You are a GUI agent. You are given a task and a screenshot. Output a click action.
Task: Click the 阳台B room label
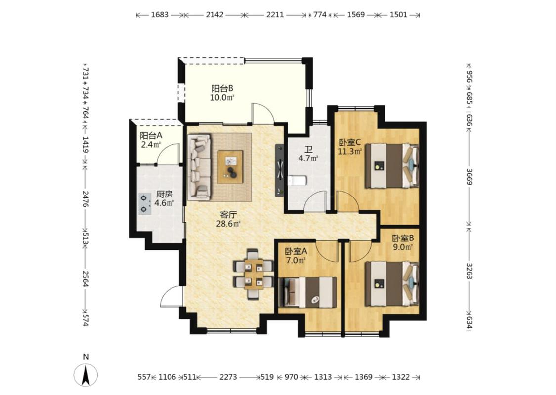tap(222, 88)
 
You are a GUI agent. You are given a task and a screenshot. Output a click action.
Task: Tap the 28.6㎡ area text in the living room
tap(228, 224)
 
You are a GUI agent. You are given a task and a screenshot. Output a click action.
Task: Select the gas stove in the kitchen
tap(144, 204)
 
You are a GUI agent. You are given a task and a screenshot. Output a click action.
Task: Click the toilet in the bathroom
tap(296, 181)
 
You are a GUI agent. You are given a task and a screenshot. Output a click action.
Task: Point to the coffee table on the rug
tap(230, 166)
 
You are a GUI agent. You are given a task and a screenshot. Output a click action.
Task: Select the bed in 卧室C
tap(392, 165)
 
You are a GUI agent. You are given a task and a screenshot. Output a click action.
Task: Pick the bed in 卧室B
tap(392, 283)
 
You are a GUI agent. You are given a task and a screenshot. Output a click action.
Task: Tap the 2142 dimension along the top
tap(214, 15)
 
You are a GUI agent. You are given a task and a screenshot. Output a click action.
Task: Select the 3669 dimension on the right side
tap(470, 177)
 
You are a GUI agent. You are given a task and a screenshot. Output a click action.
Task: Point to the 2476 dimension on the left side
tap(86, 199)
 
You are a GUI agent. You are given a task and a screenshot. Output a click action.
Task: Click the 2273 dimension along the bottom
tap(228, 377)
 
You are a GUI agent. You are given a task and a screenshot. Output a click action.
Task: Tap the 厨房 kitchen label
tap(164, 195)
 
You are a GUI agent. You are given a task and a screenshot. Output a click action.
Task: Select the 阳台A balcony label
tap(151, 136)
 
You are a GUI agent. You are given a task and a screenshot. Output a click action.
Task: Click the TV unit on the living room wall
tap(280, 170)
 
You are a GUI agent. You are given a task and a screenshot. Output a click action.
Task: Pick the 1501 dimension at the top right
tap(398, 15)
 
